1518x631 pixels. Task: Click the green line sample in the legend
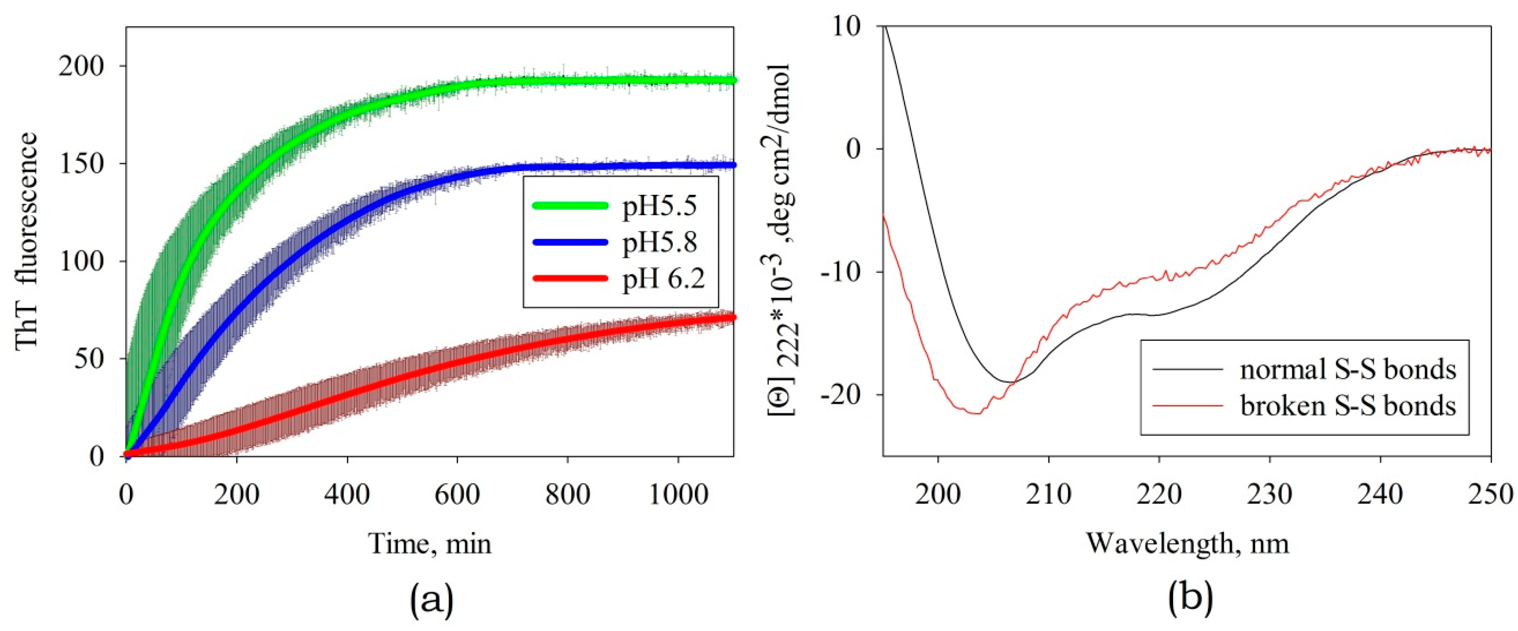[569, 206]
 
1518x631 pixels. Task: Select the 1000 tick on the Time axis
[678, 494]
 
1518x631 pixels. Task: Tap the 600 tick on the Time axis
[457, 494]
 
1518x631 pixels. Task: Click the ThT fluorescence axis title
[27, 242]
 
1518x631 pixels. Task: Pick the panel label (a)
[431, 601]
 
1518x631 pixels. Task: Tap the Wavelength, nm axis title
[1187, 543]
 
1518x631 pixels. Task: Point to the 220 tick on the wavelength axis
[1159, 494]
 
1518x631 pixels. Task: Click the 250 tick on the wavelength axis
[1491, 494]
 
